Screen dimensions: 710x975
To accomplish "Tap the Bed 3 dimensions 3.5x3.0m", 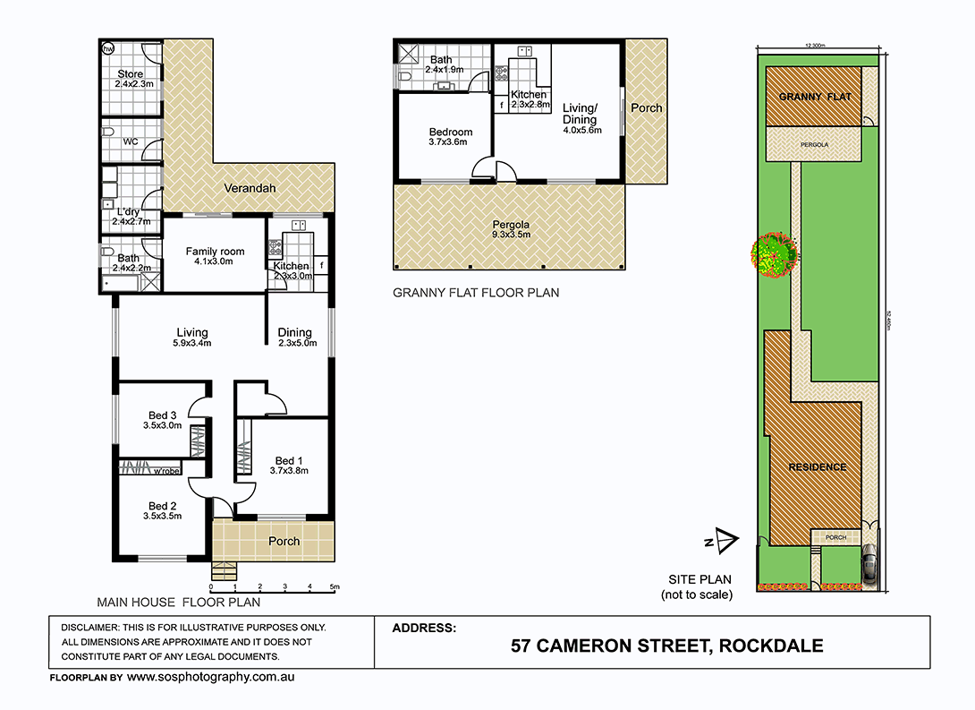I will pyautogui.click(x=162, y=426).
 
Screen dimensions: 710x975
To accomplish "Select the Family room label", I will pyautogui.click(x=215, y=252).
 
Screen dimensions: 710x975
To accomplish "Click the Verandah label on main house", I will pyautogui.click(x=250, y=189).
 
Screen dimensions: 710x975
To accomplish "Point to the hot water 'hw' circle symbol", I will pyautogui.click(x=108, y=48).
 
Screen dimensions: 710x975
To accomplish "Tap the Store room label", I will pyautogui.click(x=131, y=73).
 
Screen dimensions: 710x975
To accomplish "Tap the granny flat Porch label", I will pyautogui.click(x=647, y=108).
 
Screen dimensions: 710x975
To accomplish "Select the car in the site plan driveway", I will pyautogui.click(x=869, y=564).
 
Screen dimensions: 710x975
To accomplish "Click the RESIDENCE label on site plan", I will pyautogui.click(x=817, y=467).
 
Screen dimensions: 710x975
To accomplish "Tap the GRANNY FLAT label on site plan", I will pyautogui.click(x=813, y=97).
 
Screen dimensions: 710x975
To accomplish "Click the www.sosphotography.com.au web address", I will pyautogui.click(x=210, y=677).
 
